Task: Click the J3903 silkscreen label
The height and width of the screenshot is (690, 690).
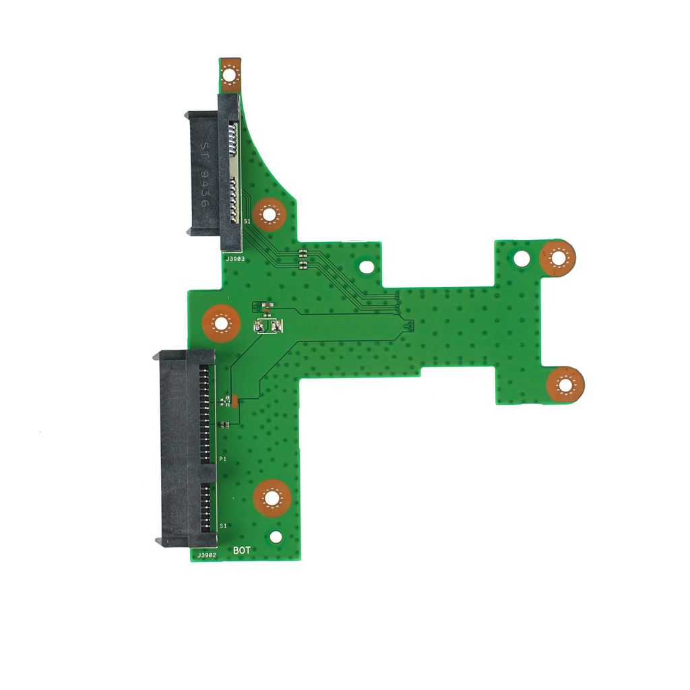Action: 235,259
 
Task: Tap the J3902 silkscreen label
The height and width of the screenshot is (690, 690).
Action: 206,555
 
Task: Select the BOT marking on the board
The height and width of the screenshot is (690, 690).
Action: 242,551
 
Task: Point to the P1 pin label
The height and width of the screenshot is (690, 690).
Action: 222,459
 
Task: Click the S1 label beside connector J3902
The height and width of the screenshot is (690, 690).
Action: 223,526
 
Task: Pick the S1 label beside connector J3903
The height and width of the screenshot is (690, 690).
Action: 247,221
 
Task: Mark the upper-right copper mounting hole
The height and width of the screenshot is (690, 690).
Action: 557,257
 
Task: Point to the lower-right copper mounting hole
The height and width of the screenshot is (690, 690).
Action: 565,385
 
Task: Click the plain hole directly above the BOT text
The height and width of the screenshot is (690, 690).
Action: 276,537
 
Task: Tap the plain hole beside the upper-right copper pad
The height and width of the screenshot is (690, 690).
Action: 522,257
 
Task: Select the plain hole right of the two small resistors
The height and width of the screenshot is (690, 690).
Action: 366,267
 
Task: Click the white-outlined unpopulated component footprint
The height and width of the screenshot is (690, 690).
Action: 268,326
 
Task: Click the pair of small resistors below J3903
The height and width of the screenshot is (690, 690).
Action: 303,258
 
